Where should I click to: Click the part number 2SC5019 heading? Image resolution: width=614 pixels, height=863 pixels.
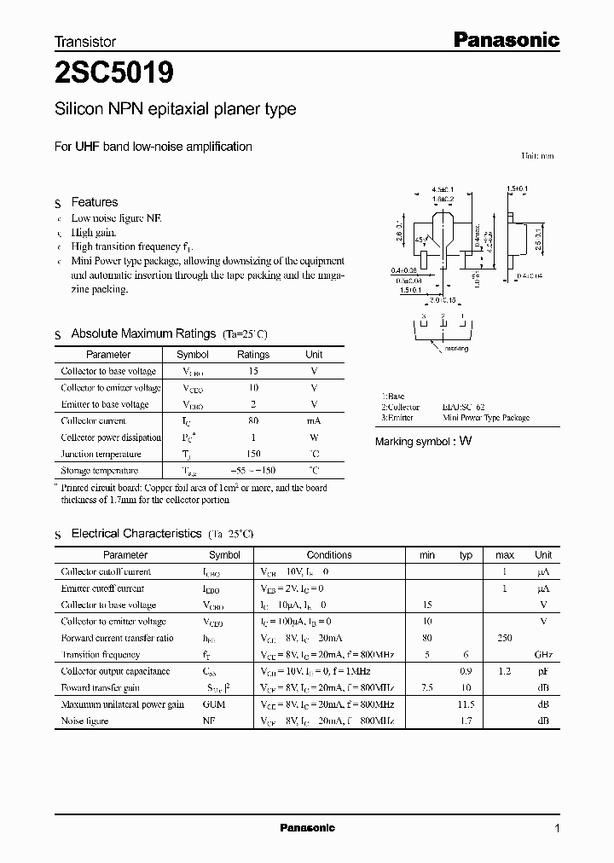[114, 74]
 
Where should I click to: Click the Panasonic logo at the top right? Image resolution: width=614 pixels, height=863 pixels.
[505, 39]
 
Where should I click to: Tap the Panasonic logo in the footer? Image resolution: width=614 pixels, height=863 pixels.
[308, 827]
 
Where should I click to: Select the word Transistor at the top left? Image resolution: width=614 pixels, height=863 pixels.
[85, 41]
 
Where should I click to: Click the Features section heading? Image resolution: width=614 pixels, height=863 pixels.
[94, 202]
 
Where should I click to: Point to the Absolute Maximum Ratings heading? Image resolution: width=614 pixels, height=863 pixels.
[142, 333]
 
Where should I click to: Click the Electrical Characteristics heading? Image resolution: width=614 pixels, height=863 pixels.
[136, 533]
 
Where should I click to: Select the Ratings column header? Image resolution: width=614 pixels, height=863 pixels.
[252, 355]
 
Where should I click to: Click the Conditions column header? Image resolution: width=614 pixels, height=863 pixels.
[328, 555]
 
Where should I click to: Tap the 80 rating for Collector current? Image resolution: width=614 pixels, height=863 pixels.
[252, 420]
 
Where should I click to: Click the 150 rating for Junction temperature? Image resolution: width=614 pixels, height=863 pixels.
[252, 454]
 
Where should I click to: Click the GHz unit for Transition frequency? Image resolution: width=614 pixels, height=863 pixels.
[542, 654]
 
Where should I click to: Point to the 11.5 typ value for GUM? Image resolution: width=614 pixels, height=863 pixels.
[466, 704]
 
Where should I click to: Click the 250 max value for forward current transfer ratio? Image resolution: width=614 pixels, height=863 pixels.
[505, 638]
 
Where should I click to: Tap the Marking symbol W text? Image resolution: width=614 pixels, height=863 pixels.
[423, 442]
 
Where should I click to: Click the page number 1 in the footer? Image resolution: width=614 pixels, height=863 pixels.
[557, 828]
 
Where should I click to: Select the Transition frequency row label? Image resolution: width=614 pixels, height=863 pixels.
[101, 654]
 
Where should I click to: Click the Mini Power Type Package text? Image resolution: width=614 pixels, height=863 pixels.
[486, 418]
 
